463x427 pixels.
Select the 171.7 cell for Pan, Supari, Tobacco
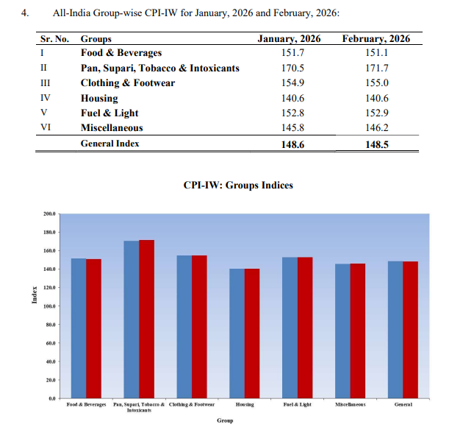377,68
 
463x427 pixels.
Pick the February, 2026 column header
376,38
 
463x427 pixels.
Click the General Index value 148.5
377,144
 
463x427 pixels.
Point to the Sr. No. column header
53,38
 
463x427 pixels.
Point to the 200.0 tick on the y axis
49,214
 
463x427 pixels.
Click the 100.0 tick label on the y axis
49,306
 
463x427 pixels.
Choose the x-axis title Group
225,420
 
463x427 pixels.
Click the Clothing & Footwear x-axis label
192,405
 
